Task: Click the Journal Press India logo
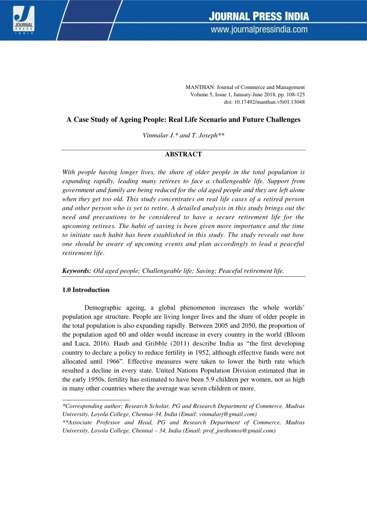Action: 21,20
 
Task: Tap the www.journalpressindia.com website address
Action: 259,29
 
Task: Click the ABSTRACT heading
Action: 183,154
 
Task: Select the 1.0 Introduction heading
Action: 86,290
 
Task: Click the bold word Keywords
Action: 77,271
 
